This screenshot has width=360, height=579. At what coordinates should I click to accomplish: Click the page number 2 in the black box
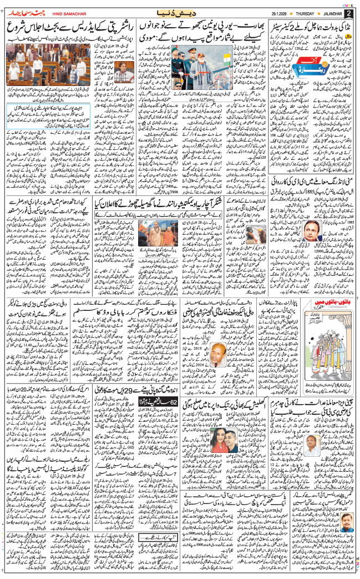coord(349,13)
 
